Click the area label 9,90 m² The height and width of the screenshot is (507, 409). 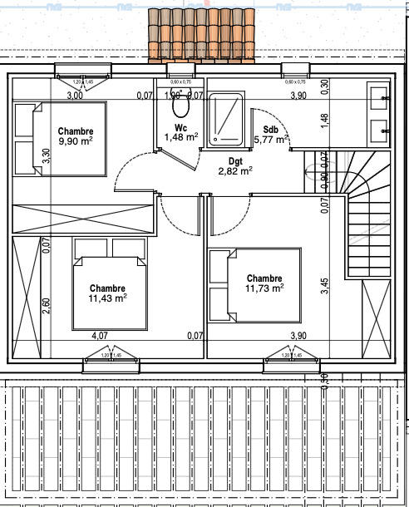point(75,142)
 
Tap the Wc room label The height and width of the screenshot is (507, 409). point(180,128)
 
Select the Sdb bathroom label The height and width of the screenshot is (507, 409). point(270,130)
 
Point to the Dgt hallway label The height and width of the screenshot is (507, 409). point(235,161)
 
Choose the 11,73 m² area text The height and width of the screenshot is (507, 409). point(265,288)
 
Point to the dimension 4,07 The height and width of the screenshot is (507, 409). point(99,336)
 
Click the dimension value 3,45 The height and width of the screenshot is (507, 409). point(325,287)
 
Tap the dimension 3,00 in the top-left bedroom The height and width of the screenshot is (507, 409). point(75,96)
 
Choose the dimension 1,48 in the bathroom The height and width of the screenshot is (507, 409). point(325,120)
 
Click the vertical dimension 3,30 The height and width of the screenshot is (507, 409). point(47,155)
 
